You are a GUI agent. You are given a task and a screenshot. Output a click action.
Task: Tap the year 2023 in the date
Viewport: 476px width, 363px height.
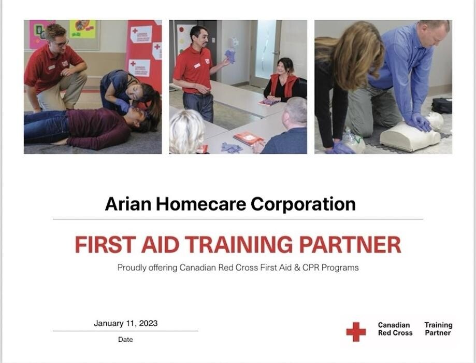pyautogui.click(x=147, y=323)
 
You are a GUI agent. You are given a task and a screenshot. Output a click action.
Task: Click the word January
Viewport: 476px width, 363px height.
pyautogui.click(x=108, y=323)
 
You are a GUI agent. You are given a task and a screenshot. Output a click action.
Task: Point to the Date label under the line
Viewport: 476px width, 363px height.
pyautogui.click(x=125, y=340)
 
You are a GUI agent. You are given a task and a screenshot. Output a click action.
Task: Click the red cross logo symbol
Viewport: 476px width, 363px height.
pyautogui.click(x=356, y=331)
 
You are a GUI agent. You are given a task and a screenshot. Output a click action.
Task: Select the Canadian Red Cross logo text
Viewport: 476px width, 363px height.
pyautogui.click(x=394, y=329)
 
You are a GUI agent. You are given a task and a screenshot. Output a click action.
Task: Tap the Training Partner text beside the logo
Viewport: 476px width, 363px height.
pyautogui.click(x=438, y=329)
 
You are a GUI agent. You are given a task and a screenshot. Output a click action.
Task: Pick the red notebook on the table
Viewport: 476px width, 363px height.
pyautogui.click(x=248, y=138)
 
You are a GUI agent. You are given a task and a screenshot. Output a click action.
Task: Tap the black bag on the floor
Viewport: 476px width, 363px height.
pyautogui.click(x=442, y=105)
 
